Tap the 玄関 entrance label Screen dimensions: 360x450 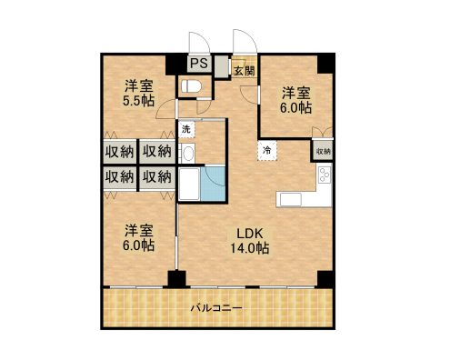[243, 70]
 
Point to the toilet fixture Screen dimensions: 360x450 [191, 86]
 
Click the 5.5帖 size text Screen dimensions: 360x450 [139, 102]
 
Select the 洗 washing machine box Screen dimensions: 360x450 [185, 129]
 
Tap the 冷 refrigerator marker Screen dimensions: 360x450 [267, 148]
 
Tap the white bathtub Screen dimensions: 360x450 [189, 186]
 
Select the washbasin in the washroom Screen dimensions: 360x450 [187, 154]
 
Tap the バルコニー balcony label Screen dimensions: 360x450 [215, 309]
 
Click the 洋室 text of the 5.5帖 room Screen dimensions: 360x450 [139, 86]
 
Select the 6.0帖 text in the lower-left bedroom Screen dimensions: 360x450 [139, 245]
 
